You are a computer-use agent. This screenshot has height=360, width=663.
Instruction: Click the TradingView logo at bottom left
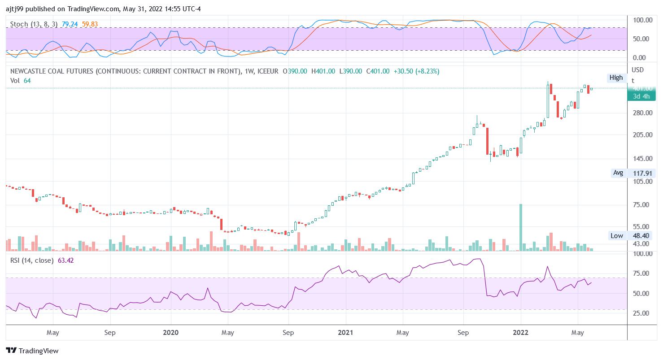(x=32, y=351)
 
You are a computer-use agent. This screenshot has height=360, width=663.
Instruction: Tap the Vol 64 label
(x=21, y=80)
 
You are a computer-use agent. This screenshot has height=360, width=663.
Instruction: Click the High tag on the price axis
(x=616, y=78)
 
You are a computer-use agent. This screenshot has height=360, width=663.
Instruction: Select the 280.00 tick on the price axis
(x=641, y=113)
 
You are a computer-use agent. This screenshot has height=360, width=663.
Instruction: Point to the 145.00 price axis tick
(x=641, y=159)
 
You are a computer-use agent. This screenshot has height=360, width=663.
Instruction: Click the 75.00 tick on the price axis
(x=641, y=205)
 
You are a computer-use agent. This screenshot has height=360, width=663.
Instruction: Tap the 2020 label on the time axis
(x=171, y=333)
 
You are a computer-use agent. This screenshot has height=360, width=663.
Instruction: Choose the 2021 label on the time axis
(x=346, y=333)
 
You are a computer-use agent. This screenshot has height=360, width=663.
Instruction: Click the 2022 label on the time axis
(x=521, y=333)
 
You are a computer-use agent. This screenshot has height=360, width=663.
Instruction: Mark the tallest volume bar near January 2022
(x=521, y=227)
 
